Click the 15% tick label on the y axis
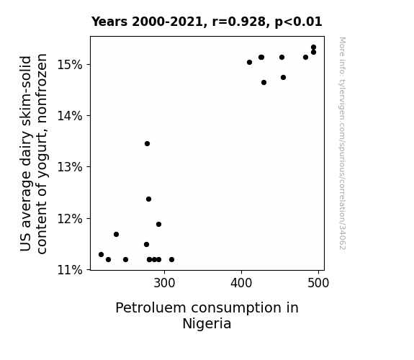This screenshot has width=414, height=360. (70, 65)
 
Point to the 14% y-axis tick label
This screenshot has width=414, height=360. (70, 116)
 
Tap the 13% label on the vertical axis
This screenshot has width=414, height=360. (70, 167)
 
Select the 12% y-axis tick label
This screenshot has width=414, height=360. (70, 219)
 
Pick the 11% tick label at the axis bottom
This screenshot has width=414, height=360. (70, 270)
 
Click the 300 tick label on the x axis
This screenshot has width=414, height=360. (164, 283)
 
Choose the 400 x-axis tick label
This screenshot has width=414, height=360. (241, 283)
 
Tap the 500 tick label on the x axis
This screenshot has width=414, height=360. (318, 283)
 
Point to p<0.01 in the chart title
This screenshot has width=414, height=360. (299, 22)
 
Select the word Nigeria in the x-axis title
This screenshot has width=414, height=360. (207, 323)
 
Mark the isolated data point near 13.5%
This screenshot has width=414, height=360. (147, 144)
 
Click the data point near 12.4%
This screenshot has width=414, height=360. (148, 199)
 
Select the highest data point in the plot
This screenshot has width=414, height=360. (313, 48)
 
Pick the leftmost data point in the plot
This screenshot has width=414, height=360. (101, 255)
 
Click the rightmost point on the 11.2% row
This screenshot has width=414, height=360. (171, 260)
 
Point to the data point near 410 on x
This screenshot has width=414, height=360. (249, 63)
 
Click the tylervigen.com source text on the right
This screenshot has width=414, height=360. (342, 143)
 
